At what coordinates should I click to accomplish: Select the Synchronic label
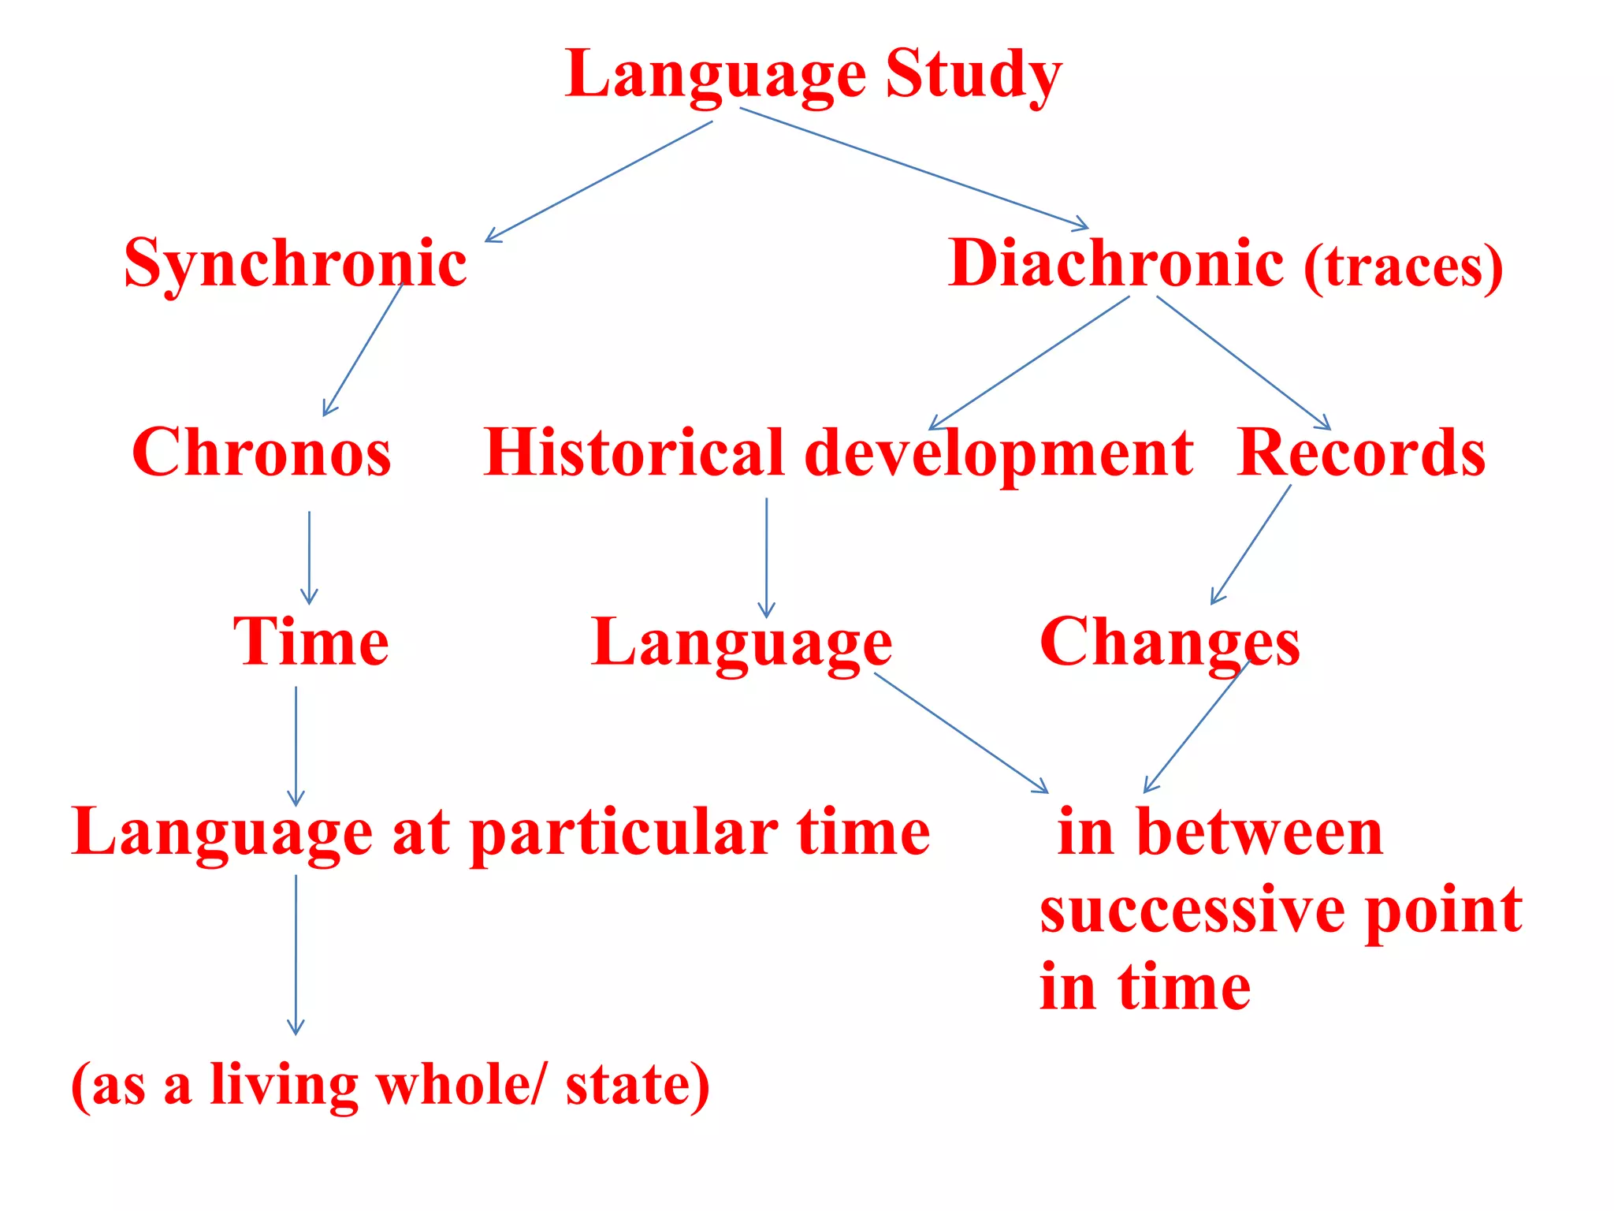click(296, 264)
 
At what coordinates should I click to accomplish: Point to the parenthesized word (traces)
click(1403, 267)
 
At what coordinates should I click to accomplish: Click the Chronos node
click(261, 453)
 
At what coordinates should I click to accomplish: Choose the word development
click(999, 454)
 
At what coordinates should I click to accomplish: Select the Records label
click(1361, 453)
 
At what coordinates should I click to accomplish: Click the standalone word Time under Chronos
click(311, 642)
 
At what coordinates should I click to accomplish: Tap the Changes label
click(1170, 643)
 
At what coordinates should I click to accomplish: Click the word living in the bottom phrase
click(284, 1086)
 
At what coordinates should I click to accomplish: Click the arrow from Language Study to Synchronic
click(599, 181)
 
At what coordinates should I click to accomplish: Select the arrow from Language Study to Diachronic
click(914, 168)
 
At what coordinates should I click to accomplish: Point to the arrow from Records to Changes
click(1251, 545)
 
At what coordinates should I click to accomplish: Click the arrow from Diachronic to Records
click(1243, 363)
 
